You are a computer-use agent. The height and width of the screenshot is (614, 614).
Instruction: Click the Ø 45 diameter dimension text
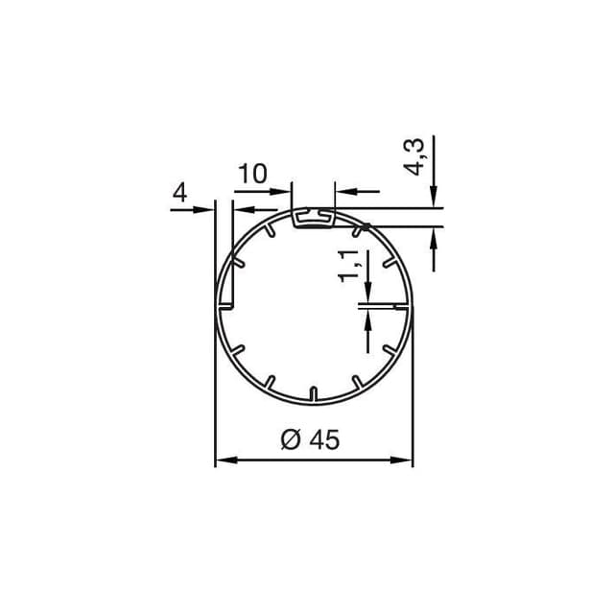point(311,439)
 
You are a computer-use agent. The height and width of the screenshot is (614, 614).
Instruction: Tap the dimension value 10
point(252,174)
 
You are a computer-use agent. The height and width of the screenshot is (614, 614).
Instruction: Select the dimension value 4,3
point(414,155)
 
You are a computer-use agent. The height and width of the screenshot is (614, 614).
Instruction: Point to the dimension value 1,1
point(349,264)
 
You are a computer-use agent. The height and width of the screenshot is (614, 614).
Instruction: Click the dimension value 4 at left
point(178,193)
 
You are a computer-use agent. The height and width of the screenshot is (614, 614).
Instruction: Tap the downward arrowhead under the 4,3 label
point(434,197)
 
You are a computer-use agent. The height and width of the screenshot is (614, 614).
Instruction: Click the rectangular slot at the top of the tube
point(314,219)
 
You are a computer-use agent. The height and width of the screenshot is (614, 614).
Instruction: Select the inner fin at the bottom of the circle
point(314,393)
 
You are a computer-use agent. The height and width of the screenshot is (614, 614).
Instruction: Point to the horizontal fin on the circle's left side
point(226,307)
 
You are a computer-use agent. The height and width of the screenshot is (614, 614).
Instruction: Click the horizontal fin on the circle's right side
point(398,307)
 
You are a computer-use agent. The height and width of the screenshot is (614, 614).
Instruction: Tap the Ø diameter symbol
point(292,439)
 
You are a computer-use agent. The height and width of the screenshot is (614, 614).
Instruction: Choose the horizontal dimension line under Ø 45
point(314,461)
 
